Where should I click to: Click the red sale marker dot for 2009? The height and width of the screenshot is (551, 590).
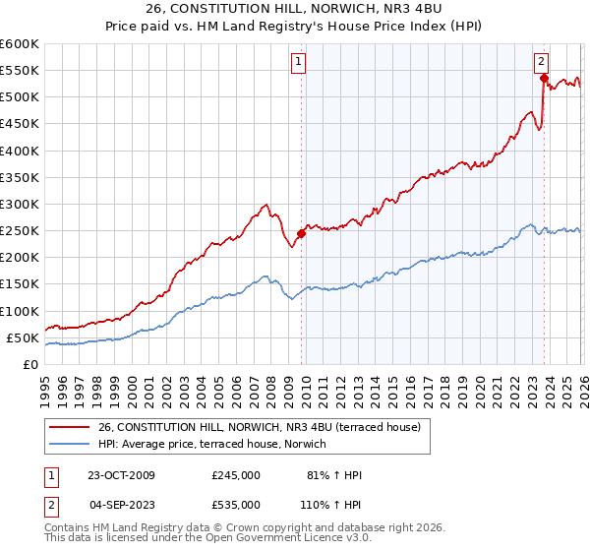coord(301,233)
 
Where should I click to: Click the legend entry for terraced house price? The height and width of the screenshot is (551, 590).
coord(260,427)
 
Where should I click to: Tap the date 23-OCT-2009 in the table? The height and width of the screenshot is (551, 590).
coord(122,475)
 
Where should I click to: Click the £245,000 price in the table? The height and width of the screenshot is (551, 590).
coord(235,475)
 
